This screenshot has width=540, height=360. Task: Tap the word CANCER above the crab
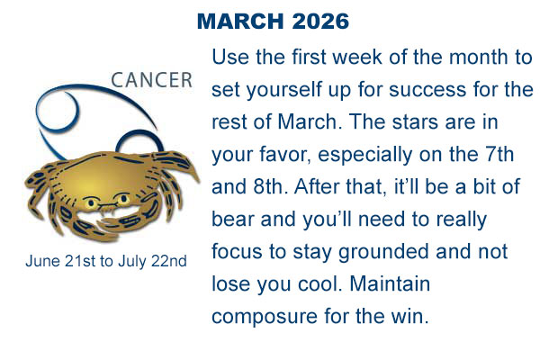click(x=152, y=80)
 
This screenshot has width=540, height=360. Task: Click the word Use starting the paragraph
click(x=229, y=58)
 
